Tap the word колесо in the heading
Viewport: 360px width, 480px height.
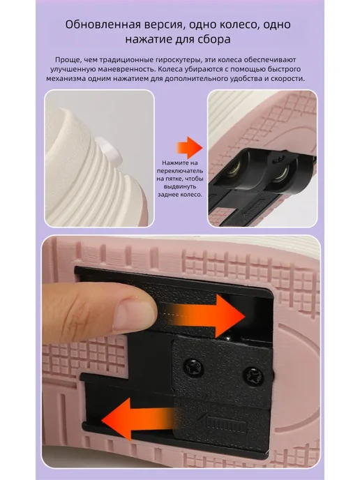tap(224, 25)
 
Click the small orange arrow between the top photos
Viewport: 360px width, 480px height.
tap(190, 147)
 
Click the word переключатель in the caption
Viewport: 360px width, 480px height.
tap(180, 171)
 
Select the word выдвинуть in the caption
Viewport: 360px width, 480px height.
tap(180, 186)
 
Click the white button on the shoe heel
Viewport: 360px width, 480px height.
tap(110, 149)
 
